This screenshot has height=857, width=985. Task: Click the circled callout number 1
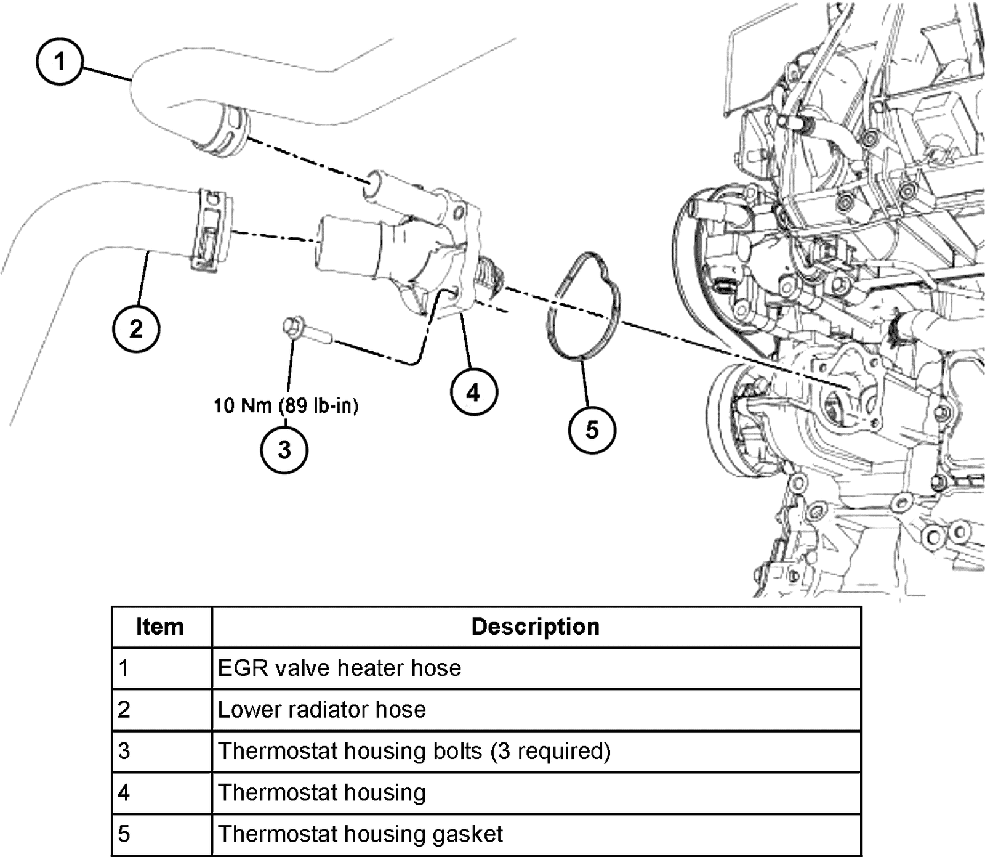[x=59, y=62]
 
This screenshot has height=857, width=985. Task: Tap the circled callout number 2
[x=136, y=328]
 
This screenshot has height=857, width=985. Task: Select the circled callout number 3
[x=284, y=449]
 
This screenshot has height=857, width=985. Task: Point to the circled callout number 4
[x=473, y=392]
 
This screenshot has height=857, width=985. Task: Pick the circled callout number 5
[x=592, y=429]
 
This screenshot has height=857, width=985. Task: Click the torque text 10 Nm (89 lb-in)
[x=286, y=405]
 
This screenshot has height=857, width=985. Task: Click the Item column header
[x=160, y=627]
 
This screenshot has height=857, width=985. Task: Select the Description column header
[x=535, y=627]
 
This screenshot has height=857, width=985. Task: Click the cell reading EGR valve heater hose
[x=339, y=668]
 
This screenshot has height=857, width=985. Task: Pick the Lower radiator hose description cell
[x=321, y=710]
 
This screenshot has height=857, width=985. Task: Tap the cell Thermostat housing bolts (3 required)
[x=414, y=751]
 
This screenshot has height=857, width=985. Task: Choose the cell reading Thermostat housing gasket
[x=360, y=834]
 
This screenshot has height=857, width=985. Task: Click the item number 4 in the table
[x=124, y=792]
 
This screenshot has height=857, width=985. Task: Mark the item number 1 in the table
[x=124, y=668]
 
